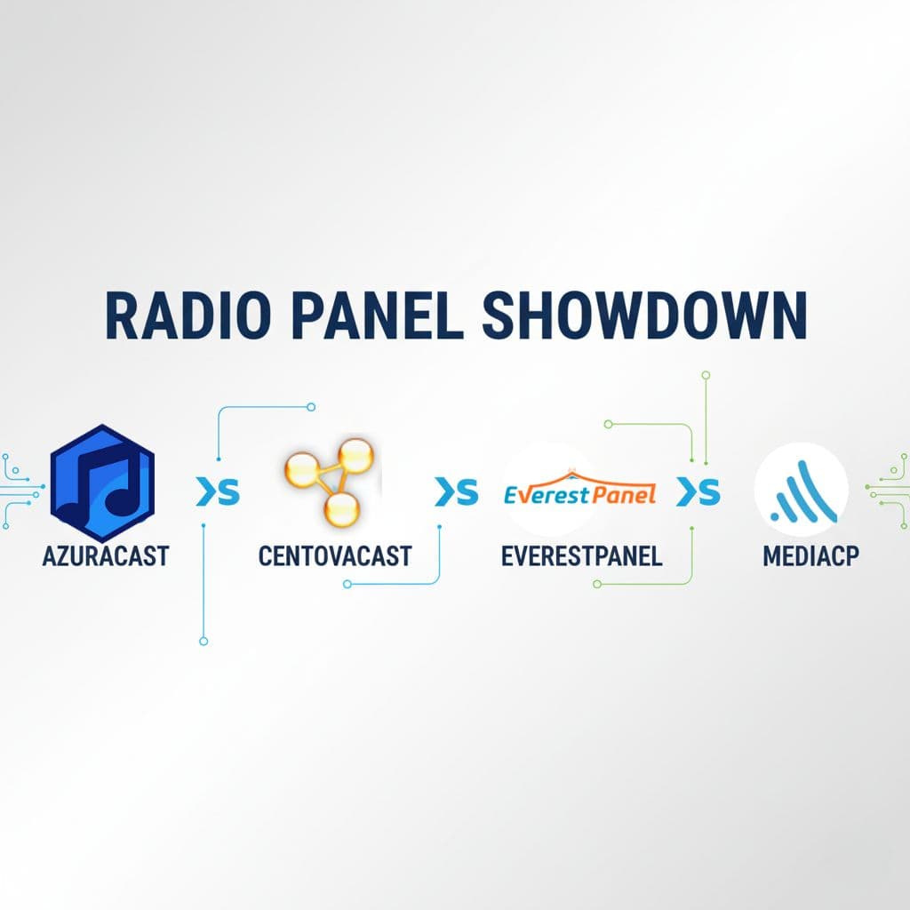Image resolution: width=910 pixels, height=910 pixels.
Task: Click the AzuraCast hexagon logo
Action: pyautogui.click(x=102, y=483)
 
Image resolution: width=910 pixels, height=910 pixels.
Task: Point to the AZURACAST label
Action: pyautogui.click(x=105, y=556)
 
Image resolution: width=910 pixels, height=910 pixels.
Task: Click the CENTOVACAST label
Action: pyautogui.click(x=335, y=556)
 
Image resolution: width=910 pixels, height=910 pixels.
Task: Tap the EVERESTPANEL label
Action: pyautogui.click(x=581, y=556)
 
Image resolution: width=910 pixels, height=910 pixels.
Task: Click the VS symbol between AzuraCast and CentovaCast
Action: pyautogui.click(x=218, y=492)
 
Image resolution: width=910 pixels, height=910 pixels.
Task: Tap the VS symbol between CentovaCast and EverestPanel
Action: pyautogui.click(x=456, y=492)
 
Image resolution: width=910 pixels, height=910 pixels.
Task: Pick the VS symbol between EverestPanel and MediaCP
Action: pyautogui.click(x=698, y=492)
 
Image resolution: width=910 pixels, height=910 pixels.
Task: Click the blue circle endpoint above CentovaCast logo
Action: pyautogui.click(x=311, y=407)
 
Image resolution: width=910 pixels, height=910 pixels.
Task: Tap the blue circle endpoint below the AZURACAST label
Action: pyautogui.click(x=204, y=641)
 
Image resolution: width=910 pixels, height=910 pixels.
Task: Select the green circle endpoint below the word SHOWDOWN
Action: pyautogui.click(x=706, y=376)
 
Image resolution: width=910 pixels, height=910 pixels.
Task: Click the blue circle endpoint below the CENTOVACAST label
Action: pyautogui.click(x=347, y=584)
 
